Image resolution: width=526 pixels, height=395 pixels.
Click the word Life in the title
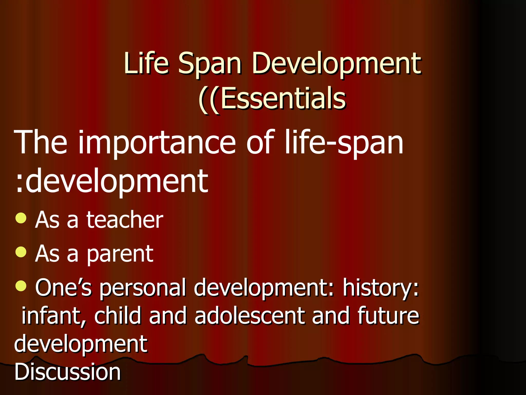pos(146,63)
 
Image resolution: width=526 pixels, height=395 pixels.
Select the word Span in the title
pos(210,64)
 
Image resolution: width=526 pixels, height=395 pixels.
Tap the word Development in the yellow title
pos(336,64)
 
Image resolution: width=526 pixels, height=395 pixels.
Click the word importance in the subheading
pos(157,143)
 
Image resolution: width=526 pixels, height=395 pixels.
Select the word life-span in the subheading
pos(344,143)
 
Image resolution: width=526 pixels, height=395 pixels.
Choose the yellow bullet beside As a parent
pos(21,252)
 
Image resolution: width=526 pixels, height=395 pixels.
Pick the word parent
pos(120,255)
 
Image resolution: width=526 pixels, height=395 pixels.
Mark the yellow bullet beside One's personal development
pos(21,286)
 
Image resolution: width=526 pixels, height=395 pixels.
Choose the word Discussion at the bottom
pos(67,372)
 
